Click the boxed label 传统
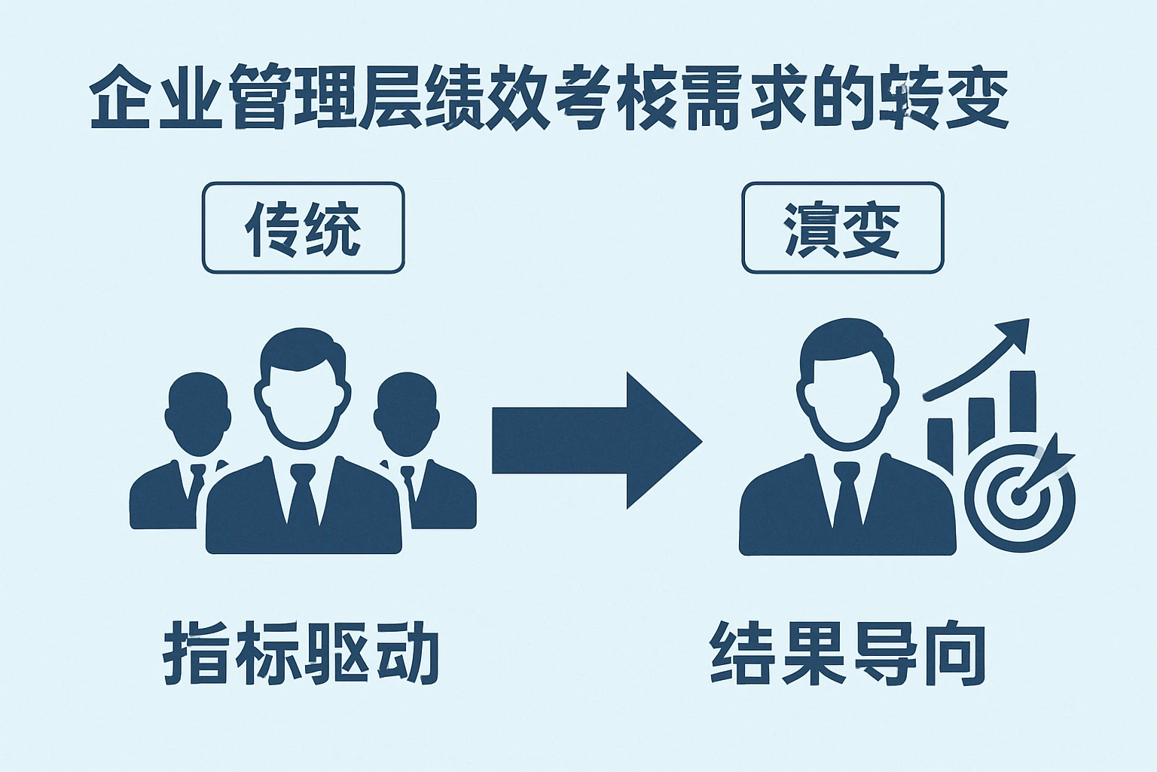303,228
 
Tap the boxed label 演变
842,228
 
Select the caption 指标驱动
301,652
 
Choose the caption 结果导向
848,652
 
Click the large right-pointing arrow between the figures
595,441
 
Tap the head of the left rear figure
197,411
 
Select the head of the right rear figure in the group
407,411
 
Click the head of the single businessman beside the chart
847,384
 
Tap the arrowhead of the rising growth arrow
1015,332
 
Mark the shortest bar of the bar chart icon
940,445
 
